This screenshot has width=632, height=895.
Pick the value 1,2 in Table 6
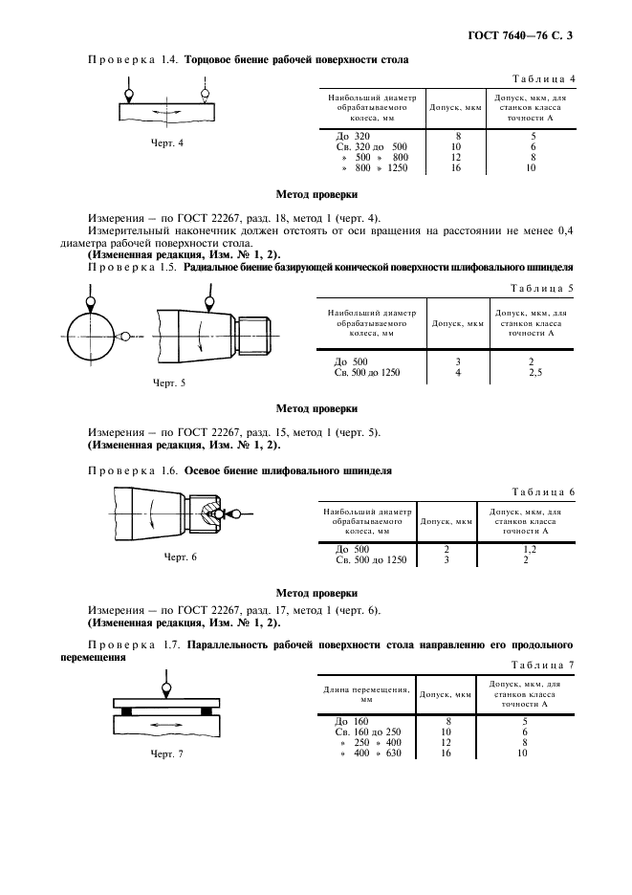(x=527, y=549)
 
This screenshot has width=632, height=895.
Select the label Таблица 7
(x=541, y=664)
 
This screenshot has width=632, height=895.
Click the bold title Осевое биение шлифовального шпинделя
(x=287, y=471)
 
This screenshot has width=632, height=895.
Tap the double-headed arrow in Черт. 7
(x=167, y=728)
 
